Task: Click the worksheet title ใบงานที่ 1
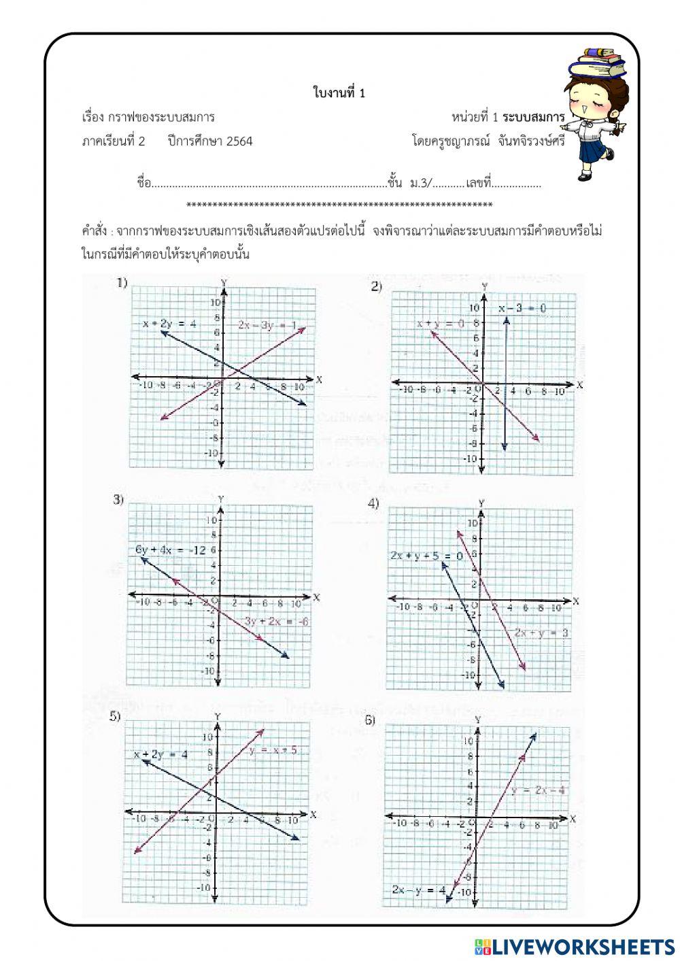[339, 93]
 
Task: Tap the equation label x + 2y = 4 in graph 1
[169, 324]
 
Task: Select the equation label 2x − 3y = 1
[267, 325]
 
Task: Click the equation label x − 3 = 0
[522, 308]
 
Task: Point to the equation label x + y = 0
[441, 323]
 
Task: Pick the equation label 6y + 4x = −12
[170, 550]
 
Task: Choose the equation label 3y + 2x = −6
[276, 621]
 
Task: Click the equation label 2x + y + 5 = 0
[426, 556]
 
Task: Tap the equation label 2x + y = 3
[541, 633]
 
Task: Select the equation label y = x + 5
[273, 750]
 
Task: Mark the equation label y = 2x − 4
[539, 790]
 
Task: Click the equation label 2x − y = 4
[418, 890]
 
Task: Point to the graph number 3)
[118, 500]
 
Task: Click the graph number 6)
[370, 720]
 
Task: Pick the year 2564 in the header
[239, 141]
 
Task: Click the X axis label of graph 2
[579, 385]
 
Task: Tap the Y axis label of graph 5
[217, 716]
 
